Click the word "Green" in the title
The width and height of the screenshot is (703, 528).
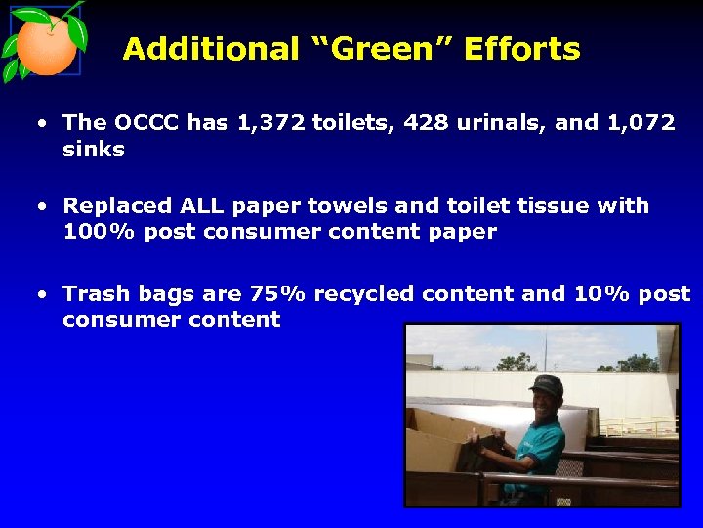point(377,49)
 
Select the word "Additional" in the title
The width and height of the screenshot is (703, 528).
point(211,49)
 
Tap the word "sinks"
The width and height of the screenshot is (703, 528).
point(94,150)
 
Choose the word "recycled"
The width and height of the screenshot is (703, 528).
point(366,294)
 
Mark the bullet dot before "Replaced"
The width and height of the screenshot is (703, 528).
point(43,207)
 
